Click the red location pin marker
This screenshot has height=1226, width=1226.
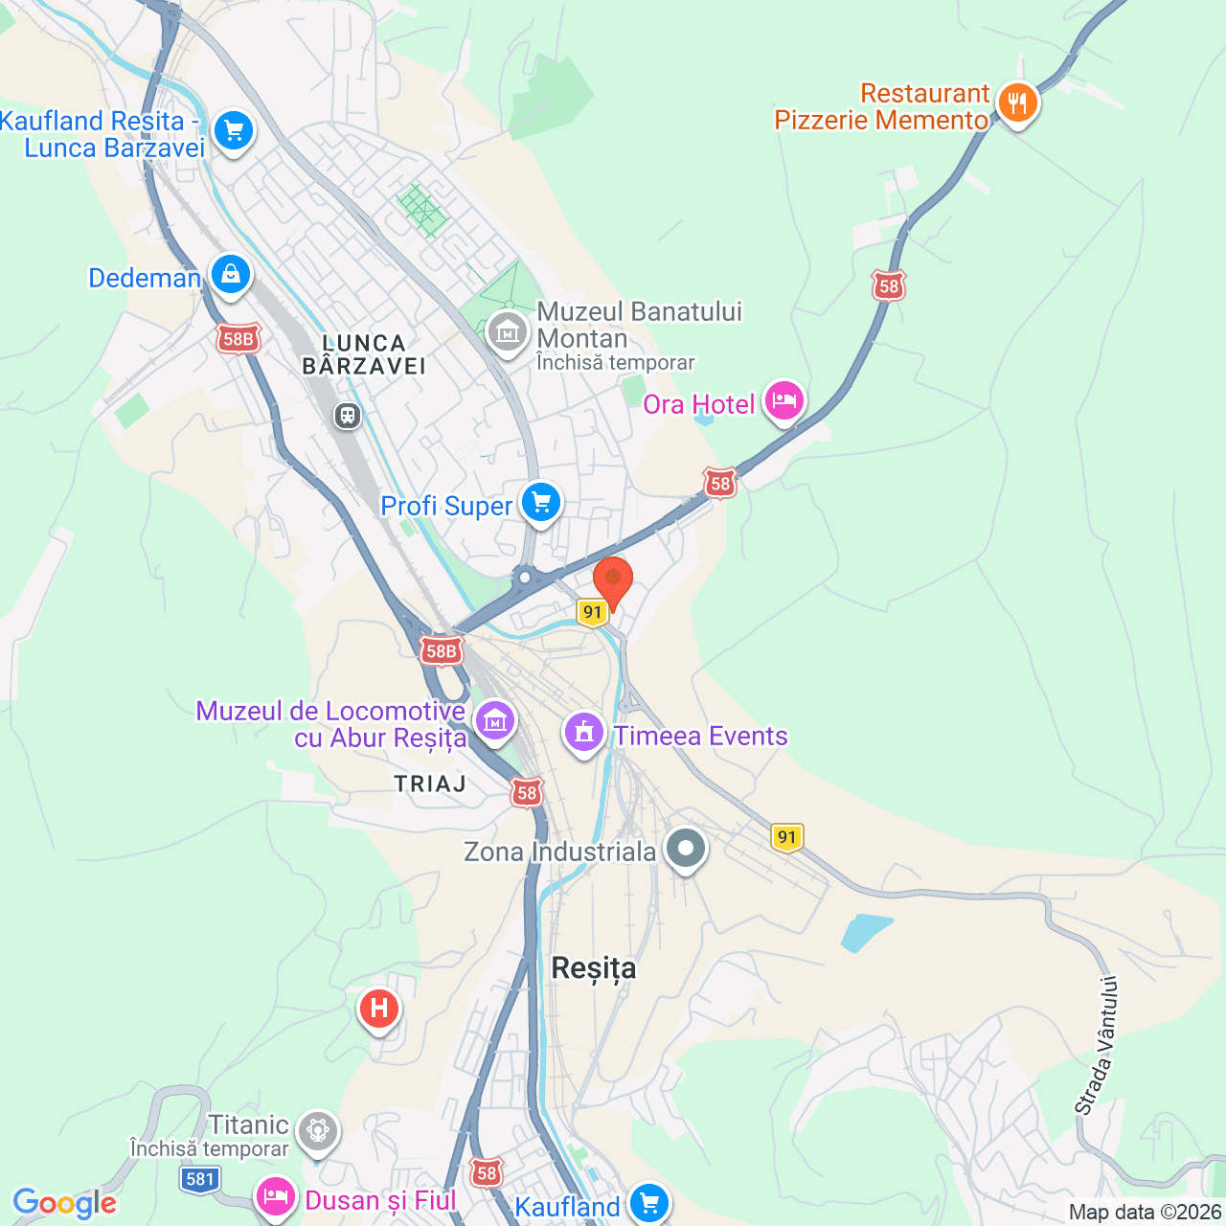(613, 580)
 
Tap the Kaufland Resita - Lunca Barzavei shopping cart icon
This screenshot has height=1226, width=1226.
(234, 130)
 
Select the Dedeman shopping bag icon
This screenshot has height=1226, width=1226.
(230, 275)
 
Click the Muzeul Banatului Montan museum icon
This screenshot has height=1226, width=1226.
(507, 331)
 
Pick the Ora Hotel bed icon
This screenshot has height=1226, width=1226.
(784, 400)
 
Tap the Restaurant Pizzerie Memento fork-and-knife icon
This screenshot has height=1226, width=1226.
(1017, 102)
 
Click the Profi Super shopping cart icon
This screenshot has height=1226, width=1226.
(541, 502)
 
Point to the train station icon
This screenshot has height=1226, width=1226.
(347, 416)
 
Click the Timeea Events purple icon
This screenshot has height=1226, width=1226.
(584, 733)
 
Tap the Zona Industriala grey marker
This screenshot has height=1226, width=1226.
(685, 849)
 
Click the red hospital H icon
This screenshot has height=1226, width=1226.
(378, 1009)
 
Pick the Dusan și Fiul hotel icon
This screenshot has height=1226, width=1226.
(276, 1197)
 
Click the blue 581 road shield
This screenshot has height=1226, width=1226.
(200, 1179)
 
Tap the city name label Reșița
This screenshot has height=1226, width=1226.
(594, 968)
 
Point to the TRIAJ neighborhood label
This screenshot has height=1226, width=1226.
(430, 783)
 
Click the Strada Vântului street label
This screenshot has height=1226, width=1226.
(1098, 1045)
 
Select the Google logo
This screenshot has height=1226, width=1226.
(64, 1203)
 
